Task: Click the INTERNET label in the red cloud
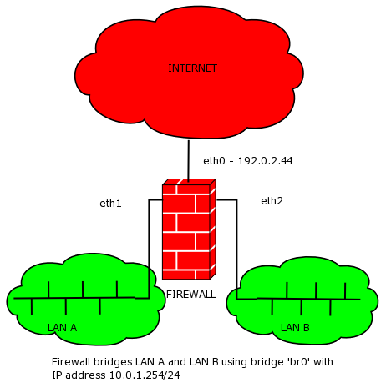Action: (x=192, y=68)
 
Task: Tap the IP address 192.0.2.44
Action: (x=265, y=161)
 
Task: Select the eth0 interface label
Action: (x=214, y=161)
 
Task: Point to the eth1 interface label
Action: (x=110, y=204)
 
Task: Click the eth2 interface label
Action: (x=272, y=201)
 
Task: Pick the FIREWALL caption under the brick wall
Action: (x=190, y=295)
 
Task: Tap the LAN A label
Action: (x=62, y=328)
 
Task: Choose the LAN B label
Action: (x=295, y=328)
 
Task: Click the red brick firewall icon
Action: (x=189, y=229)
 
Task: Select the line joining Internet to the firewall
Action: (x=189, y=161)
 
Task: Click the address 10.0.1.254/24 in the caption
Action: (x=145, y=375)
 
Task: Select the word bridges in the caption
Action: (x=113, y=362)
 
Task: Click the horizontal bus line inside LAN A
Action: (x=81, y=298)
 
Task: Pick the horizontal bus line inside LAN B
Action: (x=298, y=300)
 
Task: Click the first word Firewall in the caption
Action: (x=71, y=362)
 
